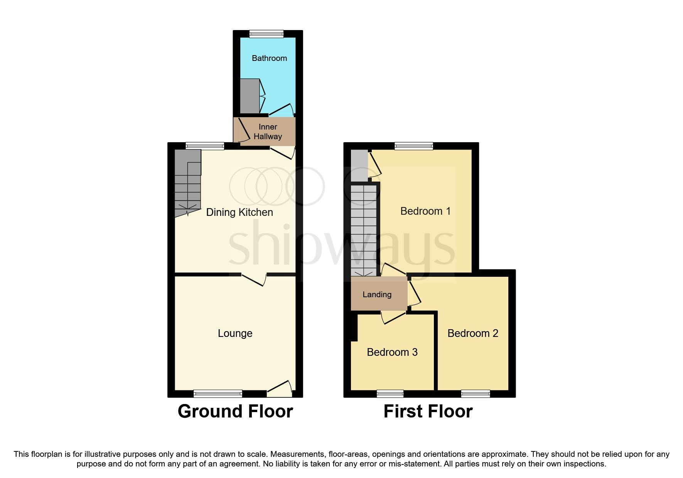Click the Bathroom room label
tap(269, 58)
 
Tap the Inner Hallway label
tap(268, 131)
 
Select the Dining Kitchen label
tap(239, 212)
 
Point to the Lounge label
tap(235, 333)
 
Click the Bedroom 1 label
tap(425, 211)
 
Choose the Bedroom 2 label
tap(473, 333)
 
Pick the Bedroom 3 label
tap(392, 352)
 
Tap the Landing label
tap(377, 295)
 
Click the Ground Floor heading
tap(235, 411)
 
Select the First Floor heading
tap(428, 411)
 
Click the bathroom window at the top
tap(266, 34)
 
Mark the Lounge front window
tap(218, 394)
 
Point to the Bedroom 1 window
tap(413, 146)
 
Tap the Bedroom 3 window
tap(390, 394)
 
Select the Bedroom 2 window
tap(476, 394)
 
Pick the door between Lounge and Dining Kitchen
tap(254, 279)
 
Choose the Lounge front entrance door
tap(279, 389)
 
